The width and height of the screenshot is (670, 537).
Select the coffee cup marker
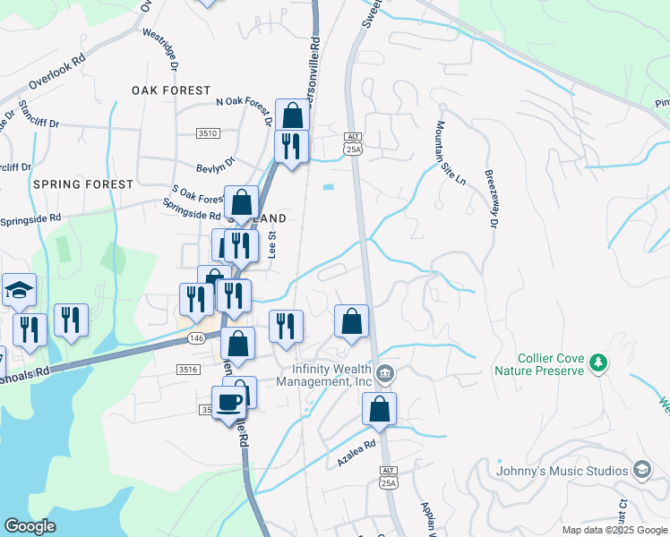(229, 403)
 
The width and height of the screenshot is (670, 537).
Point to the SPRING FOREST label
(82, 183)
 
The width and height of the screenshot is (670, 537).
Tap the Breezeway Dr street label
(491, 199)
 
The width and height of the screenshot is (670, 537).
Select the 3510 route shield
(208, 133)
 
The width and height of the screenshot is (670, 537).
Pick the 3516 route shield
(187, 369)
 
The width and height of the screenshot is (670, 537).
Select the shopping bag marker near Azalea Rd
(380, 409)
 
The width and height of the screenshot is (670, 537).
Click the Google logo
(30, 526)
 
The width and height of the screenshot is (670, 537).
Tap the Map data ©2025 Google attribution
(614, 530)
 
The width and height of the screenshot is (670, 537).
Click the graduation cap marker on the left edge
(19, 290)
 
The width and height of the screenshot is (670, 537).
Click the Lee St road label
(272, 244)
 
